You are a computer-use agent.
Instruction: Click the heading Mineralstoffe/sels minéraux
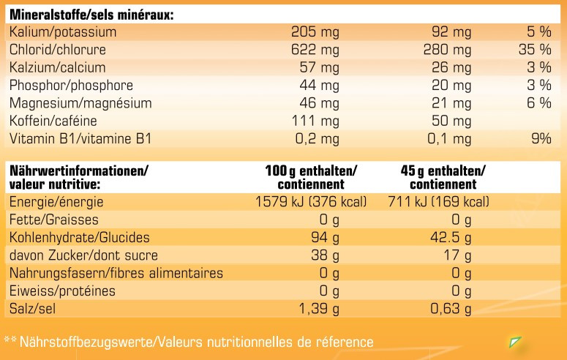[91, 15]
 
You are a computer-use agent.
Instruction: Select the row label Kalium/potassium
[63, 32]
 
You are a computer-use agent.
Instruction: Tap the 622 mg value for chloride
[315, 50]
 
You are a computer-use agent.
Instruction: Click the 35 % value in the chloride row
[533, 50]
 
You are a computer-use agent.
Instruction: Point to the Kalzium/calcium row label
[56, 67]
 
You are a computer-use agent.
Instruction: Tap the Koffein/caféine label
[53, 121]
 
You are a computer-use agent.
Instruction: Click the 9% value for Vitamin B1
[539, 138]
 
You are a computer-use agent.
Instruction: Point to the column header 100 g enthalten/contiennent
[311, 177]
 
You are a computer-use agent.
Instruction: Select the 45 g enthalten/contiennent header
[443, 177]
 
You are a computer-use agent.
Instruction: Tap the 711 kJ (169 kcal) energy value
[438, 201]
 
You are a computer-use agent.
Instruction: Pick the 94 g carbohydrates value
[326, 238]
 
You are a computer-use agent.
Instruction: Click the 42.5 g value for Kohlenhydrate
[449, 238]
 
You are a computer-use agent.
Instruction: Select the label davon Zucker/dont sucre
[83, 256]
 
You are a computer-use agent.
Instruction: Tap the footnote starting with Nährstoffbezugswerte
[189, 342]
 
